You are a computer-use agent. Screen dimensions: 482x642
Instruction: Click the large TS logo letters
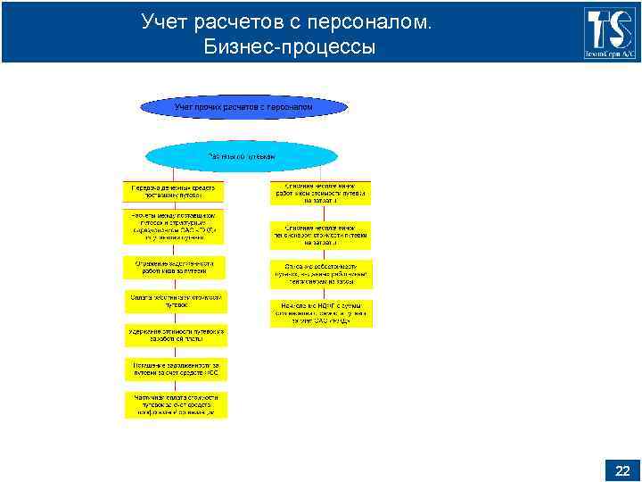610,28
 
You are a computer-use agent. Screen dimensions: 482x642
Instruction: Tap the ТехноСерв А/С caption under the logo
610,55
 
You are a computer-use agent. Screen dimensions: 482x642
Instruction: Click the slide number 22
622,470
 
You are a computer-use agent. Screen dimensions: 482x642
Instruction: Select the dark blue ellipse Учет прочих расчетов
243,107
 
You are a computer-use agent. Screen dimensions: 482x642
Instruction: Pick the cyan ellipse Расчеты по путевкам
242,156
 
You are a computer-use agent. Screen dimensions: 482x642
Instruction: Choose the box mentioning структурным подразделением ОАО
175,227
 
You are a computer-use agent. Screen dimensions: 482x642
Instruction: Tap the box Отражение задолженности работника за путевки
175,267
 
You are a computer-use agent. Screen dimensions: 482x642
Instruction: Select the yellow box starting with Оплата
175,301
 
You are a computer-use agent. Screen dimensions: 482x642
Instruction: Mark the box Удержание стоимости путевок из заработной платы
175,336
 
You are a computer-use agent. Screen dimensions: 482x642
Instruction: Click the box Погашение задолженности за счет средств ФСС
175,370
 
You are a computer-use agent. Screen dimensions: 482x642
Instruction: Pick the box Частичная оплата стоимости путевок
175,404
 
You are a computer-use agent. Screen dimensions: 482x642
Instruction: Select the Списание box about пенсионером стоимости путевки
321,235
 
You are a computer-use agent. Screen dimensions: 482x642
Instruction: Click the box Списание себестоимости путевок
321,273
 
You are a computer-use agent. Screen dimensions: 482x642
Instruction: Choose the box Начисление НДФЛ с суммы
321,313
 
